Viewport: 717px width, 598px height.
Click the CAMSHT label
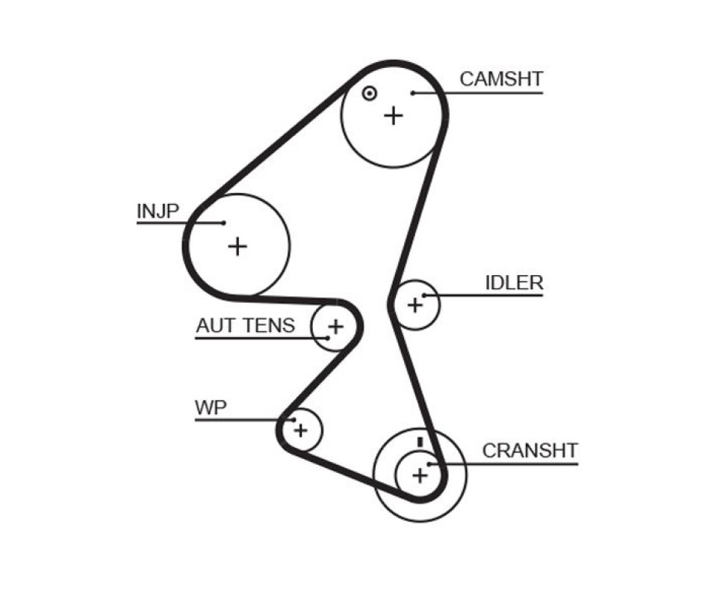click(501, 79)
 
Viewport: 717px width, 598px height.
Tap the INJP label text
click(158, 211)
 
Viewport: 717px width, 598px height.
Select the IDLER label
click(514, 283)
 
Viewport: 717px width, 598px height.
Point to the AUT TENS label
click(246, 325)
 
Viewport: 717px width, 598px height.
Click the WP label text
click(211, 407)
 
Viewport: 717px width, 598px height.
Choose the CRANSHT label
click(530, 451)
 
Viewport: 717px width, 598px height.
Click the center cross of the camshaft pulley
click(394, 115)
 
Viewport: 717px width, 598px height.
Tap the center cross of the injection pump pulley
click(238, 247)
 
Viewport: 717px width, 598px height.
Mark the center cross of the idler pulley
click(415, 305)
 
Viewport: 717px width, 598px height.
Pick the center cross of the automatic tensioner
click(336, 327)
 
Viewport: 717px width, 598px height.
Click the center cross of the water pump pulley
click(300, 430)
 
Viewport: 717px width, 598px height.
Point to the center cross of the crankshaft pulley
click(420, 476)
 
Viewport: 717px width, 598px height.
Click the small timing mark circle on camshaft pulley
click(369, 93)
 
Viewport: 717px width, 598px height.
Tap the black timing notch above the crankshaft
click(420, 442)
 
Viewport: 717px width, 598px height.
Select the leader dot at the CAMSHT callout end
click(412, 93)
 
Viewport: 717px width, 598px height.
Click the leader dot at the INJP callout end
click(223, 223)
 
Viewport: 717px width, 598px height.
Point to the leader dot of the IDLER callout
click(424, 295)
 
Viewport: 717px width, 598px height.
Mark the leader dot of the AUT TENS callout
click(328, 338)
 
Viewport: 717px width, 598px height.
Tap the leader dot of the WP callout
click(294, 419)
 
